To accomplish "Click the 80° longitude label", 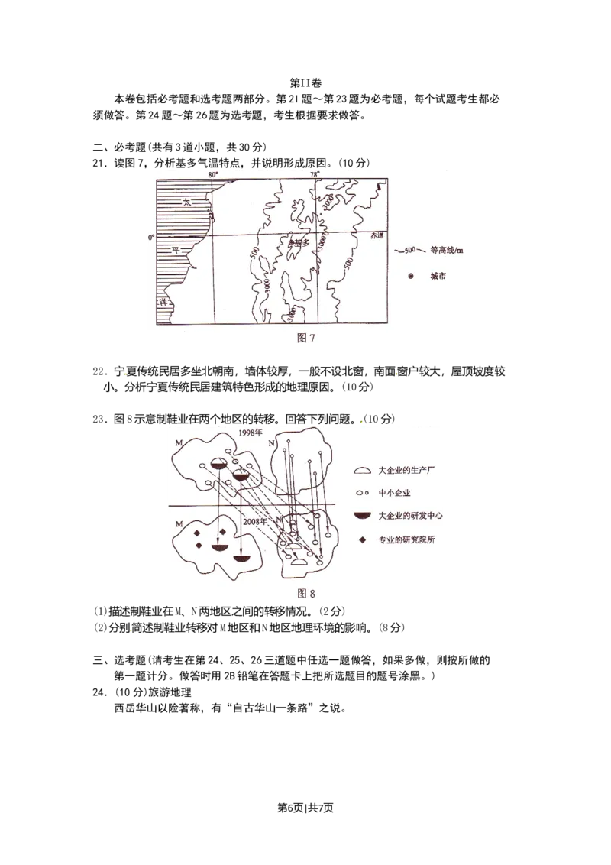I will click(213, 174).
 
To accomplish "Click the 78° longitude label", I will click(315, 174).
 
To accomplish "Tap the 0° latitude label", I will click(150, 238).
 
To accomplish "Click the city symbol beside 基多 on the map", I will click(290, 241).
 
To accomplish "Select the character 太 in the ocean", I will click(186, 202).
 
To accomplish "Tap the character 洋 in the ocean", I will click(163, 302).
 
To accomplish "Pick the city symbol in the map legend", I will click(411, 276).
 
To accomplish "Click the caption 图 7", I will click(305, 338).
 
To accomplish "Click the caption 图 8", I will click(305, 593).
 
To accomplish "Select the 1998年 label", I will click(248, 432).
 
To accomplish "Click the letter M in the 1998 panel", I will click(178, 443).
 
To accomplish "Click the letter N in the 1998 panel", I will click(270, 443).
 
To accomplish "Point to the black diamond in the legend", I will click(363, 539).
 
